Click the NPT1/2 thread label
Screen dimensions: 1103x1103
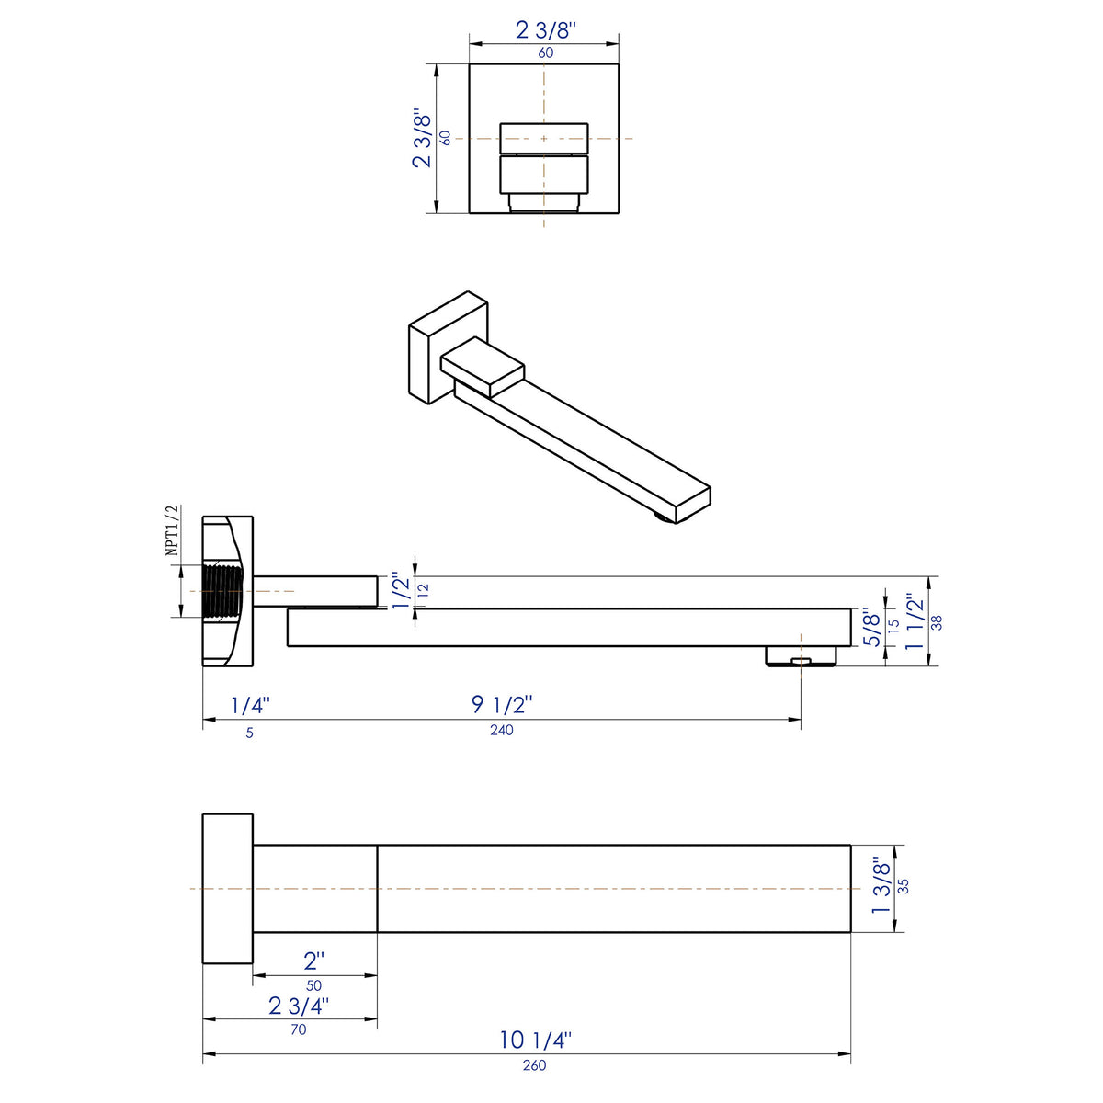(171, 530)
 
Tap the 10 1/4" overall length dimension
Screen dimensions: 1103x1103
(536, 1040)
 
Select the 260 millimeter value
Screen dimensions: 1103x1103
(534, 1065)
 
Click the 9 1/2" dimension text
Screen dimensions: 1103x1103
(502, 705)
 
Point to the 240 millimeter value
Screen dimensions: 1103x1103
(502, 731)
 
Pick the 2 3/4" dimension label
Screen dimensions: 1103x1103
(299, 1006)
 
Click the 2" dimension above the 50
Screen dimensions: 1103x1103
(314, 961)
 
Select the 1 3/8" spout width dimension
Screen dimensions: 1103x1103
(881, 886)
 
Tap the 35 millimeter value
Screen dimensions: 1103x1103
(904, 886)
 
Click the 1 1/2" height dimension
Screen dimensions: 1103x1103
(915, 622)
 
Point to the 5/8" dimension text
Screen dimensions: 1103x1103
(872, 626)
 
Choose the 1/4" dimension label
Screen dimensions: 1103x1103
(249, 706)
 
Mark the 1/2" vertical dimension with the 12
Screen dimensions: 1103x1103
(402, 591)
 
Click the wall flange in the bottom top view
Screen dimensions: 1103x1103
(227, 888)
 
